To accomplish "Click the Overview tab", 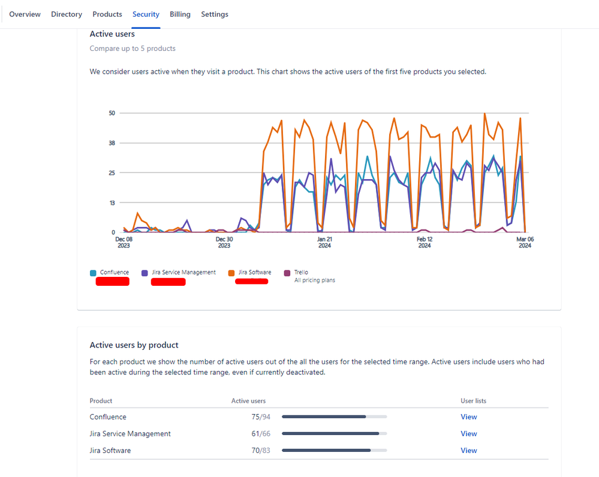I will tap(25, 14).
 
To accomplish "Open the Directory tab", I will tap(67, 14).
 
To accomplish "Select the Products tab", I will tap(107, 14).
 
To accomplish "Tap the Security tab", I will tap(146, 14).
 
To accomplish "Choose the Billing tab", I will tap(180, 14).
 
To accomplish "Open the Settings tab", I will tap(215, 14).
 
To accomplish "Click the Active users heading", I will tap(112, 34).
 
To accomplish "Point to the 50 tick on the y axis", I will tap(112, 113).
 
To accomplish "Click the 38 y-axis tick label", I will tap(112, 143).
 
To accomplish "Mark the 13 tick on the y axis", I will tap(112, 203).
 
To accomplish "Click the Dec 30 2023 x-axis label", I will tap(224, 242).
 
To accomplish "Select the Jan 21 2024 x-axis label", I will tap(324, 242).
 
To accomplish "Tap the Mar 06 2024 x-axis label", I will tap(525, 242).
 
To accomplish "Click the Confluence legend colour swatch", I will tap(93, 273).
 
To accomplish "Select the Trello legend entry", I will tap(300, 273).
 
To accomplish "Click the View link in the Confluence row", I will tap(469, 417).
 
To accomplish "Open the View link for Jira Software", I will tap(469, 451).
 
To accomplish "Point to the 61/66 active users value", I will tap(261, 434).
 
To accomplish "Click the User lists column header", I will tap(473, 401).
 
